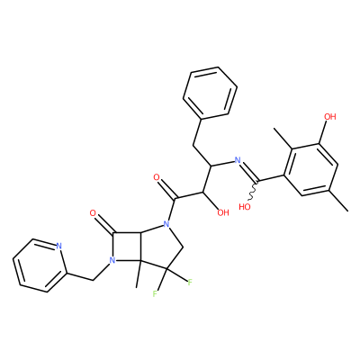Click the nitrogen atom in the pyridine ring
(x=58, y=247)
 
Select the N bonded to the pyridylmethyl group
(x=112, y=260)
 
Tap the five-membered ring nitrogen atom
(x=166, y=224)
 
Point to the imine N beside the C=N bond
(x=238, y=160)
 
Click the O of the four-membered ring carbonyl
(x=93, y=213)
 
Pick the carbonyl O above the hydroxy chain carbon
(x=157, y=177)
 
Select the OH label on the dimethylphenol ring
(x=330, y=116)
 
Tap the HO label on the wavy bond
(x=245, y=207)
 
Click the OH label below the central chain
(x=223, y=212)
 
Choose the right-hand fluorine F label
(x=190, y=283)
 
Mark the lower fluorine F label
(x=155, y=293)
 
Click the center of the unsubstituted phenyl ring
(x=210, y=93)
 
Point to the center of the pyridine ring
(x=39, y=265)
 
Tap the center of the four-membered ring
(x=127, y=247)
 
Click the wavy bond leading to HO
(x=254, y=190)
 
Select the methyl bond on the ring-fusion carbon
(x=139, y=274)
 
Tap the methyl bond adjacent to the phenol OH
(x=283, y=138)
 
